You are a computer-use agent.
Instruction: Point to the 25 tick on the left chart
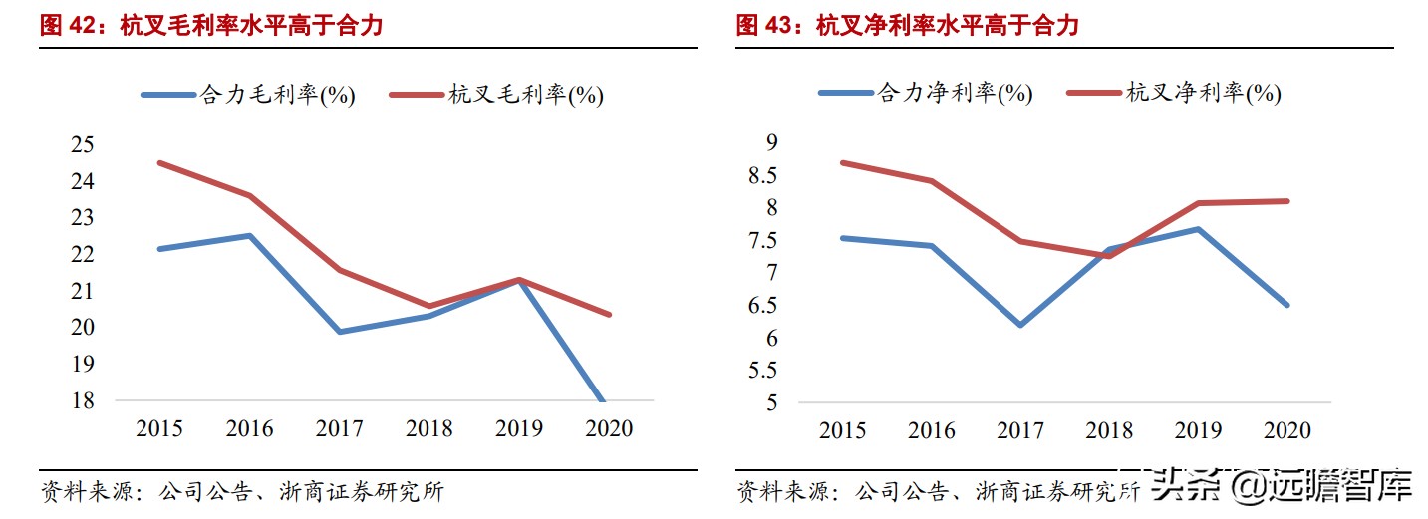pos(83,145)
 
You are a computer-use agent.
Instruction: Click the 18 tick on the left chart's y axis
pos(83,400)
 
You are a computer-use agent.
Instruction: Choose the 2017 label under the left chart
pos(340,429)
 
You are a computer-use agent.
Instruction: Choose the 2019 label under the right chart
pos(1198,430)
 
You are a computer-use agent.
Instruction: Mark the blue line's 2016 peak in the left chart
pos(249,235)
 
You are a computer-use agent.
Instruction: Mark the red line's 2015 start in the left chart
pos(159,162)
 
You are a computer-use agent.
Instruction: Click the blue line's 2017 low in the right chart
pos(1019,325)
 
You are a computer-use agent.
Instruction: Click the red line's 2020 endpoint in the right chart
pos(1287,201)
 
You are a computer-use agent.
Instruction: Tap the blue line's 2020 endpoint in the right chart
pos(1287,305)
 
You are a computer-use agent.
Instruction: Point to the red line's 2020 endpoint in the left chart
pos(609,314)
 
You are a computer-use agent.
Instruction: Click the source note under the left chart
pos(241,492)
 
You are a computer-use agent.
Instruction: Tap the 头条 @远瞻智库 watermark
pos(1284,488)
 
